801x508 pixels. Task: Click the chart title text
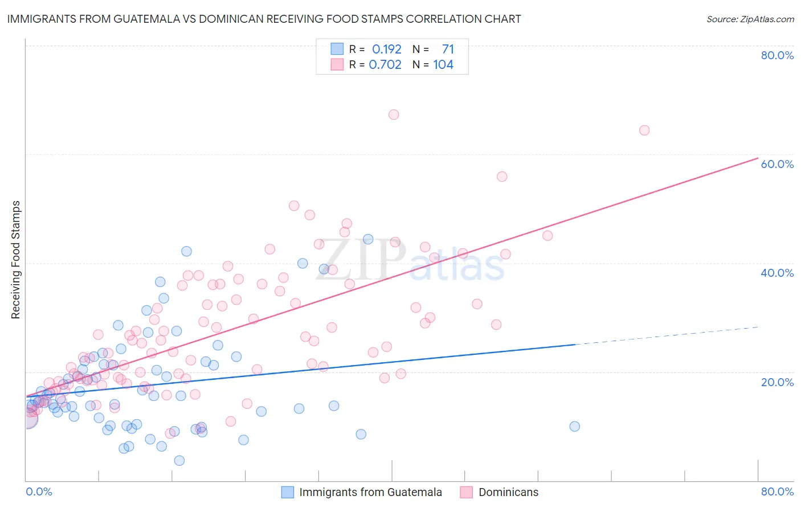pos(264,19)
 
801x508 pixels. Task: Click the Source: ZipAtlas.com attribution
pos(750,19)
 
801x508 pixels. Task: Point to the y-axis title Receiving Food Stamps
pos(15,260)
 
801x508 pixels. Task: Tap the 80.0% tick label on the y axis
pos(777,55)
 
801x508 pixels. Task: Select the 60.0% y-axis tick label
pos(777,164)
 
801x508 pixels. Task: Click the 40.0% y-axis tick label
pos(777,273)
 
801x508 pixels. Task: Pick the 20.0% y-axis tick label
pos(777,382)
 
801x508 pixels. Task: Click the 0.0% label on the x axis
pos(39,491)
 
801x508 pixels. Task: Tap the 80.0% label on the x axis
pos(777,491)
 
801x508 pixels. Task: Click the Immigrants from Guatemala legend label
pos(370,492)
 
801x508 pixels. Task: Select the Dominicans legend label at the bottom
pos(508,492)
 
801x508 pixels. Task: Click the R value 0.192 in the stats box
pos(387,49)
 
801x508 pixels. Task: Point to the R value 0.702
pos(385,64)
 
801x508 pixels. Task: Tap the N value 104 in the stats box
pos(443,64)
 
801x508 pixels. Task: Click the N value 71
pos(448,49)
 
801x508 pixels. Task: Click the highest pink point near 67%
pos(394,114)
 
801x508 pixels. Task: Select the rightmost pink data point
pos(644,130)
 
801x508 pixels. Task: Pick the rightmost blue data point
pos(574,427)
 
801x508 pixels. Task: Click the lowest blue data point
pos(179,460)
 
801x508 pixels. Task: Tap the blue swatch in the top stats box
pos(337,49)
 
